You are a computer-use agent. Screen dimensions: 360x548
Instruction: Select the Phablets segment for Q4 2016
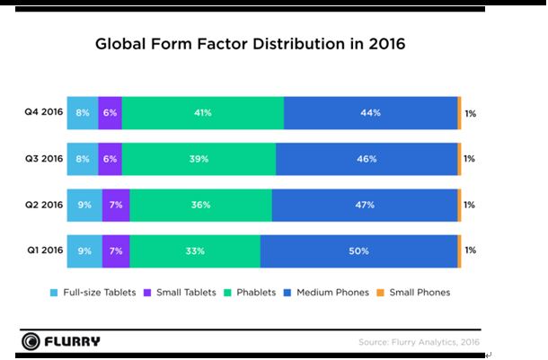coord(203,113)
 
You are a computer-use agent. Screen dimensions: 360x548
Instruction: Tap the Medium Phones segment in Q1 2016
coord(358,250)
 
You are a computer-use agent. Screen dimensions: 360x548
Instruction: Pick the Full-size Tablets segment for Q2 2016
coord(84,205)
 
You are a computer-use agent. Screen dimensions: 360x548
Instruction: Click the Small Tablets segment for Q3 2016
coord(110,159)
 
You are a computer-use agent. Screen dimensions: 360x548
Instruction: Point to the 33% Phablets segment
coord(195,250)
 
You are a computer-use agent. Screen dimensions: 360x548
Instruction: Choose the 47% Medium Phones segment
coord(364,205)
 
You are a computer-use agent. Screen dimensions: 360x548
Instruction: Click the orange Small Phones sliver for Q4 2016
coord(459,113)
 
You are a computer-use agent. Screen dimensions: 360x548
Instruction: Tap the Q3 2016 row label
coord(44,159)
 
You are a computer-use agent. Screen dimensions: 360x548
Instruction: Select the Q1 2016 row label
coord(44,250)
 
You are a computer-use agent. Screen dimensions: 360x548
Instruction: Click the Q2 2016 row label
coord(44,205)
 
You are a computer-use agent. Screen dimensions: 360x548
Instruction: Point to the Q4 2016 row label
coord(44,113)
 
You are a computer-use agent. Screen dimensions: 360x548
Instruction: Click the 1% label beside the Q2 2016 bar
coord(470,205)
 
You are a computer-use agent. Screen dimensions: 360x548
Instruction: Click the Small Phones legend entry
coord(414,292)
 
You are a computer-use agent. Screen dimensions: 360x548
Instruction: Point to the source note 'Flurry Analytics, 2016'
coord(419,342)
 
